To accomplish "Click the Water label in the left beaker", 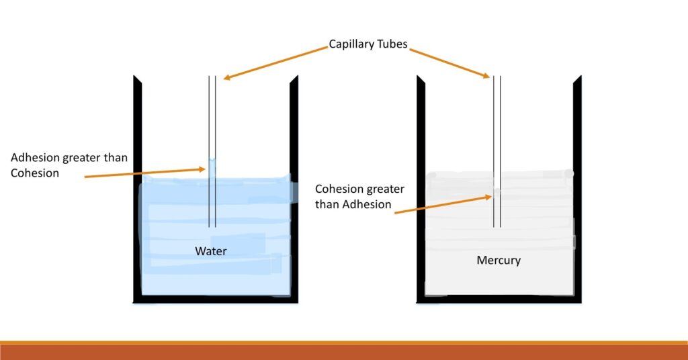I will pyautogui.click(x=211, y=251).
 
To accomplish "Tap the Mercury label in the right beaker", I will pyautogui.click(x=499, y=260).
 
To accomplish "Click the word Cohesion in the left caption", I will pyautogui.click(x=35, y=173).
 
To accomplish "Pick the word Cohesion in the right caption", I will pyautogui.click(x=340, y=189).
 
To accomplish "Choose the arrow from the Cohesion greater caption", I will pyautogui.click(x=443, y=204).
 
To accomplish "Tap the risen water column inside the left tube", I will pyautogui.click(x=212, y=168).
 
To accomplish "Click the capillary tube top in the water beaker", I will pyautogui.click(x=212, y=78).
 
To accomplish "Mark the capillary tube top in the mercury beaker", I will pyautogui.click(x=498, y=78).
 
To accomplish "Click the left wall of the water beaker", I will pyautogui.click(x=137, y=188).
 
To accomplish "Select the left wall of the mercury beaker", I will pyautogui.click(x=421, y=188).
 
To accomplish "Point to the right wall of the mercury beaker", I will pyautogui.click(x=577, y=188).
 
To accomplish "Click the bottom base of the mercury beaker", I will pyautogui.click(x=499, y=299).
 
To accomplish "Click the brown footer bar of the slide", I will pyautogui.click(x=344, y=352).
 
